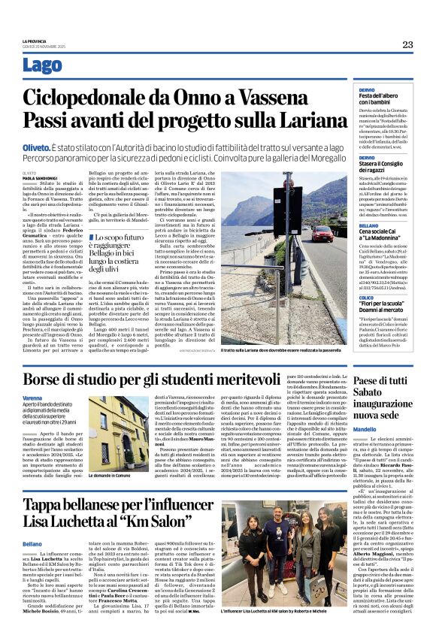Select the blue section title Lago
[42, 66]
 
